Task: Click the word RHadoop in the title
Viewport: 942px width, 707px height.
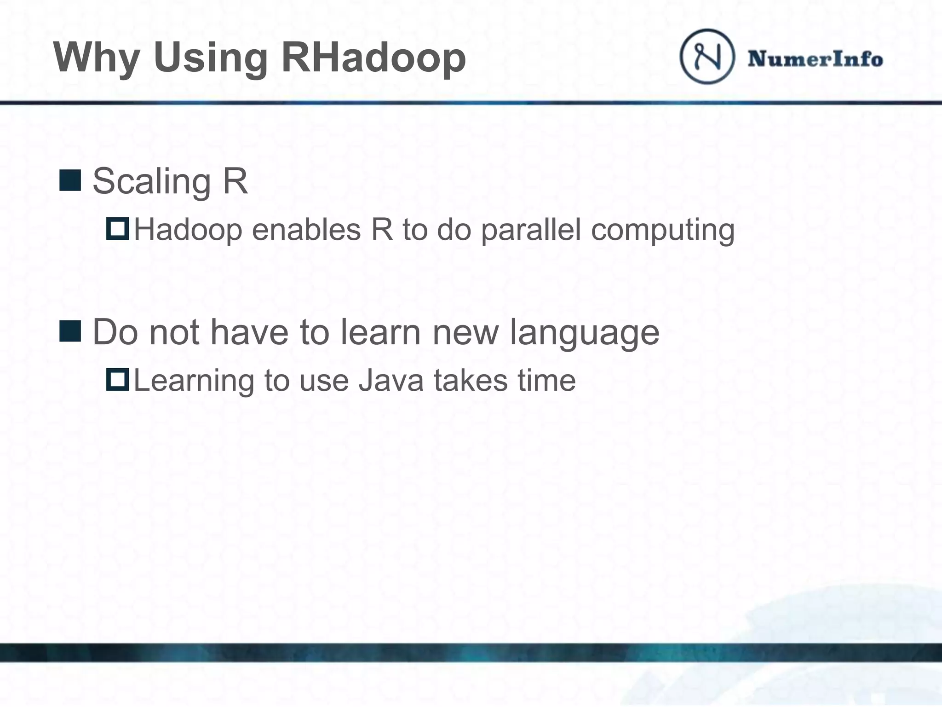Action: (373, 58)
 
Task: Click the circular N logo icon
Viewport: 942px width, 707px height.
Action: (707, 56)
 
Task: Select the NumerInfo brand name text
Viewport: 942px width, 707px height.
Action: (815, 59)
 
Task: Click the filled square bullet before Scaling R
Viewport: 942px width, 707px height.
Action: (70, 180)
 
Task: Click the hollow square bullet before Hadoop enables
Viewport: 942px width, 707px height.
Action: (117, 229)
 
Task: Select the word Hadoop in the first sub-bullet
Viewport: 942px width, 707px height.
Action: (188, 230)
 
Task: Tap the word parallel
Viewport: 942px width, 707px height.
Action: (531, 230)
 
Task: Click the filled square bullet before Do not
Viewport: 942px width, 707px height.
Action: (70, 331)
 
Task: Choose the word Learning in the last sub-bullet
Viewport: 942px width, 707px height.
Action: (194, 382)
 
